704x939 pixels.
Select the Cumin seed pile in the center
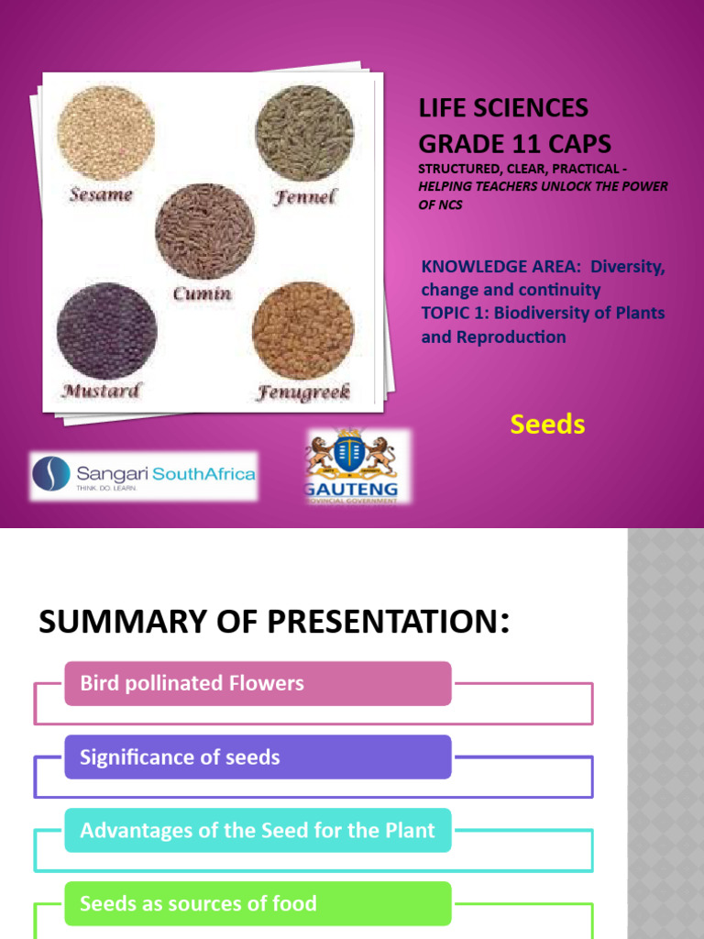[204, 230]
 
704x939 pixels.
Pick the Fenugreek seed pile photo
[302, 329]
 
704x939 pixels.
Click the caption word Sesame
[100, 194]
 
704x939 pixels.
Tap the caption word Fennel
[305, 196]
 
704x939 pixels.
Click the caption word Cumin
[202, 294]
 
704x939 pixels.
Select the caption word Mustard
[101, 391]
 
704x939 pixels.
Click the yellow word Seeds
[547, 425]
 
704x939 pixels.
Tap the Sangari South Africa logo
[143, 475]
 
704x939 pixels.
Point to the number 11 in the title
[515, 144]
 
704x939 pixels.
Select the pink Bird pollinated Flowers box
[258, 683]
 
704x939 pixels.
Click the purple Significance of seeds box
[258, 757]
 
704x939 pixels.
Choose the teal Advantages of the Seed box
[258, 830]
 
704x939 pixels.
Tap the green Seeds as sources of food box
[258, 903]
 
